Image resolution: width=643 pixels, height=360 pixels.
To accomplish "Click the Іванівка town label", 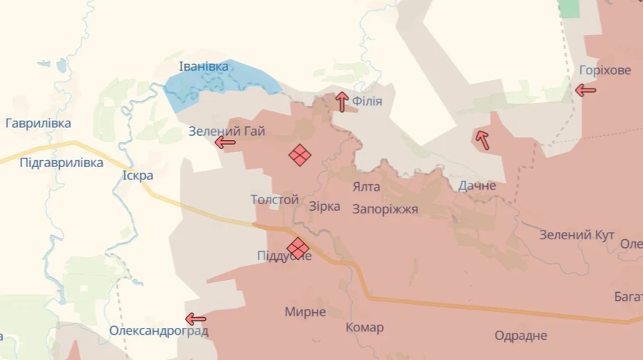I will (204, 67).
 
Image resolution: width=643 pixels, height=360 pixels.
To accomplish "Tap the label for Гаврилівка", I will (38, 124).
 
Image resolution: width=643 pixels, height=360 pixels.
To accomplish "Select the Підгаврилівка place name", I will (61, 163).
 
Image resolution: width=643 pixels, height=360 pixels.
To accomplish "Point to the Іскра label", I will (138, 175).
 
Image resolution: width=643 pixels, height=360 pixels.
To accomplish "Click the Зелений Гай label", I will (227, 131).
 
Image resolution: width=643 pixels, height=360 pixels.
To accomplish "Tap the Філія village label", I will (367, 101).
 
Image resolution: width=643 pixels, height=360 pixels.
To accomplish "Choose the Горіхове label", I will (605, 71).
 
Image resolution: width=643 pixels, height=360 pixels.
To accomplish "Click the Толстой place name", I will (274, 200).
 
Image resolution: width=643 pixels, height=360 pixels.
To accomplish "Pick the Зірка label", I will (324, 206).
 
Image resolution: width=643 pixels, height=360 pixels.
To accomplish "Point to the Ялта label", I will (367, 187).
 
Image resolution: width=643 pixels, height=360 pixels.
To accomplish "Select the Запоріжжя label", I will (385, 209).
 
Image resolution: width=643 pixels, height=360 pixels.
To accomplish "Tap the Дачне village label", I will (477, 186).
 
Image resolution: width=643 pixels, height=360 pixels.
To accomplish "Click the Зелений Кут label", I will (577, 235).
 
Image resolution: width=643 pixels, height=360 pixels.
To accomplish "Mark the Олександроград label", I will (159, 331).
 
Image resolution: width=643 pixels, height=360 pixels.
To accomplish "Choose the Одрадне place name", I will (521, 336).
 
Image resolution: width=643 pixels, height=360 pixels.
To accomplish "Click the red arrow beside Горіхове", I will (586, 90).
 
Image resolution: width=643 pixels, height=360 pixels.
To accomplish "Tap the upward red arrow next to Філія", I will (342, 101).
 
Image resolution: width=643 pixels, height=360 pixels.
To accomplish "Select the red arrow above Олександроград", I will (195, 319).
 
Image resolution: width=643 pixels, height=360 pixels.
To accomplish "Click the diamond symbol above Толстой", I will (300, 155).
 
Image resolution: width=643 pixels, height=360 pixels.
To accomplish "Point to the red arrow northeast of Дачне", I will (483, 139).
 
